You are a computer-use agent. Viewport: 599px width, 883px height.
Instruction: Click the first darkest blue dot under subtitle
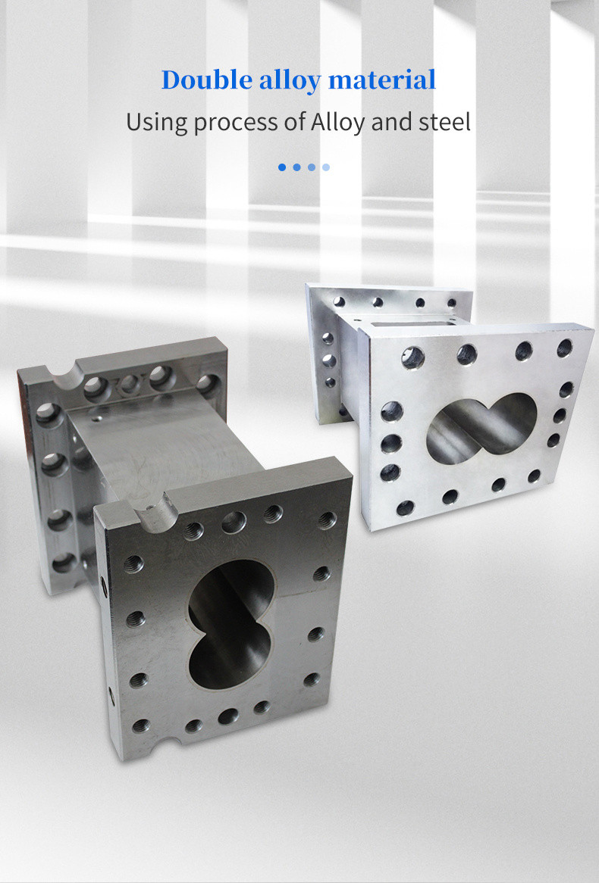tap(282, 167)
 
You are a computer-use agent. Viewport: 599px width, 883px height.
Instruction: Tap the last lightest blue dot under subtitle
tap(326, 167)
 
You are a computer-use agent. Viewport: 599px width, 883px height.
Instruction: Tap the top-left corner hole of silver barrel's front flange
tap(412, 357)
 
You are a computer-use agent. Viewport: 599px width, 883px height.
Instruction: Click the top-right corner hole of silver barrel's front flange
tap(564, 348)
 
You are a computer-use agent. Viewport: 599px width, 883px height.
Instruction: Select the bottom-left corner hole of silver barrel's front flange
tap(405, 507)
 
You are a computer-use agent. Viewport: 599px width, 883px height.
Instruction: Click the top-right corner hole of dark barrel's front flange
tap(327, 520)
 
